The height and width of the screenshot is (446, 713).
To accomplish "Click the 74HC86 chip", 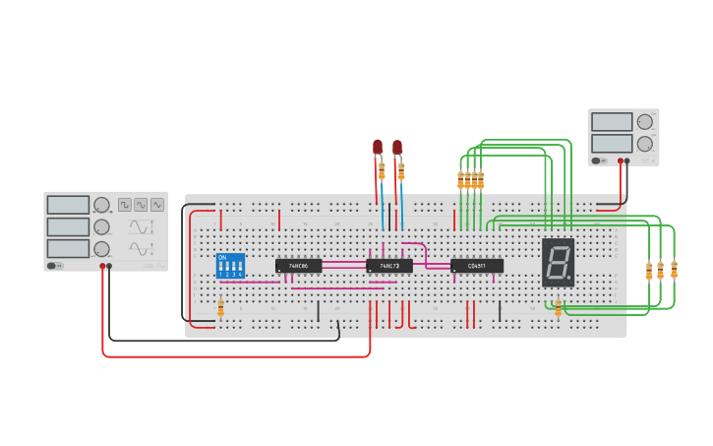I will pos(298,266).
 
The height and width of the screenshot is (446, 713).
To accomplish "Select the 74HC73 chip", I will pos(388,266).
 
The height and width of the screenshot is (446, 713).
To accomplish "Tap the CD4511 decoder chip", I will pos(477,266).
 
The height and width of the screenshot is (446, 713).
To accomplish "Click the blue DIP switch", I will pos(230,266).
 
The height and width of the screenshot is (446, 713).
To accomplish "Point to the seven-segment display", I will pos(558,262).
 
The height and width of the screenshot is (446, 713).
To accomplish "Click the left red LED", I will pos(378,147).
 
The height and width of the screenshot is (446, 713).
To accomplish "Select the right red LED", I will pos(397,147).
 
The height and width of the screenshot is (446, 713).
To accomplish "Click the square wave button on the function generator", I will pos(125,205).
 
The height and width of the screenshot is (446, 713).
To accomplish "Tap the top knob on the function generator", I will pos(101,205).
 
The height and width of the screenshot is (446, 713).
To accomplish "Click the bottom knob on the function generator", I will pos(101,249).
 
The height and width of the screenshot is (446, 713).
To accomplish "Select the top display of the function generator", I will pos(68,205).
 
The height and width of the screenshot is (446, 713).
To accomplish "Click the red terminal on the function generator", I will pos(102,266).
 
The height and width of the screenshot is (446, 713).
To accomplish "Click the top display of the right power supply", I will pos(612,122).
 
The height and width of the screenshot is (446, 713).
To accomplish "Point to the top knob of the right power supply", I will pos(645,122).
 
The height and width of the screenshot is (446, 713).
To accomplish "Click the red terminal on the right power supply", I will pos(620,160).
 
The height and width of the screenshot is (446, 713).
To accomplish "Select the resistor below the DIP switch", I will pos(220,308).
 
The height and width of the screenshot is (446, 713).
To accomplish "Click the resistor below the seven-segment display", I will pos(558,308).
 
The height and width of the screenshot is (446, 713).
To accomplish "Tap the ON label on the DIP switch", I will pos(222,257).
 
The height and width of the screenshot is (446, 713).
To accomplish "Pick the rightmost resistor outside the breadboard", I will pos(674,270).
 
